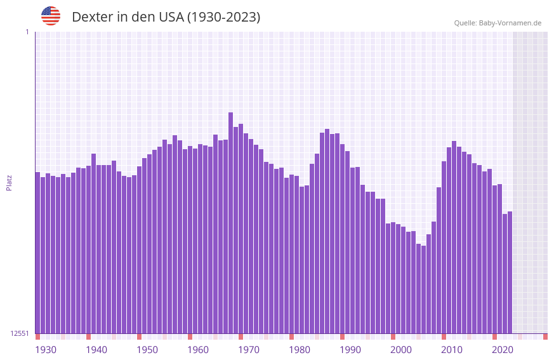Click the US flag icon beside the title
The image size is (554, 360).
[51, 16]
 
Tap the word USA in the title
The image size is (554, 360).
[167, 17]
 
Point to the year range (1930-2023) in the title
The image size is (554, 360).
[223, 17]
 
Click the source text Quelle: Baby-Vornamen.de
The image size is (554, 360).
[498, 23]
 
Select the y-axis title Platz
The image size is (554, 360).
[9, 182]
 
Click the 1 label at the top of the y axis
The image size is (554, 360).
[27, 32]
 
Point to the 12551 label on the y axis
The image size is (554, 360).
[20, 333]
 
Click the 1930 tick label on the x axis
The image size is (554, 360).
[46, 350]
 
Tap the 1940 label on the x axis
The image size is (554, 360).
[96, 350]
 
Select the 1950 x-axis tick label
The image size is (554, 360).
[147, 350]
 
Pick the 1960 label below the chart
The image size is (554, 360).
[198, 350]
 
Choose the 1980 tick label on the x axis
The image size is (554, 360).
[300, 350]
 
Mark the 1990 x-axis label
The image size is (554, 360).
[350, 350]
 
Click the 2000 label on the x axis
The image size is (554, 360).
[401, 350]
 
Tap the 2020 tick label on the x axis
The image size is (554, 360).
[503, 350]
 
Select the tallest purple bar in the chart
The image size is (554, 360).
[231, 222]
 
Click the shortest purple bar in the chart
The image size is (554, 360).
[424, 290]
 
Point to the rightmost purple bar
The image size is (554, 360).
[510, 272]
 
